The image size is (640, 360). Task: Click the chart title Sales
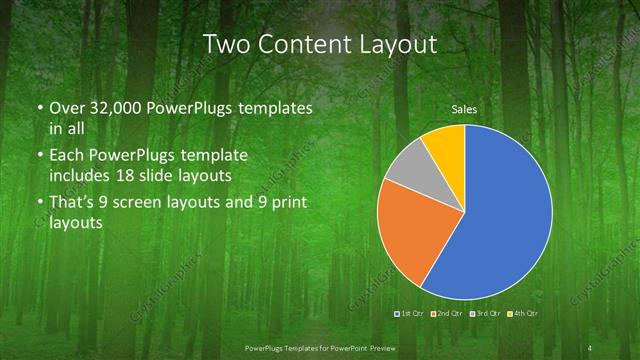pos(464,109)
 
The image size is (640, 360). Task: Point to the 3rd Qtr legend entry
pos(484,314)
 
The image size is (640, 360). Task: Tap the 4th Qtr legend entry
pos(523,314)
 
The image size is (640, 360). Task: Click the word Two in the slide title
pos(228,44)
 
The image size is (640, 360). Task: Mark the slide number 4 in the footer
pos(592,347)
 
